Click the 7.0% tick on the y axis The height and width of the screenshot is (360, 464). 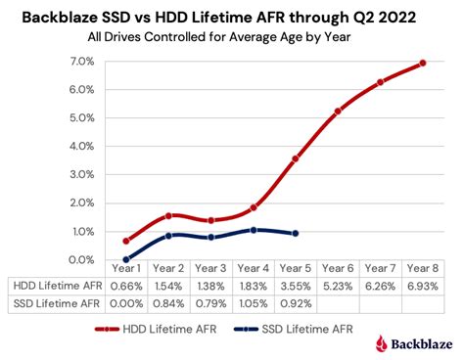pos(81,62)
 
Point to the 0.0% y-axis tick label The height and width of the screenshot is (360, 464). pos(81,260)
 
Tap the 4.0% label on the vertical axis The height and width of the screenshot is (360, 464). pos(81,147)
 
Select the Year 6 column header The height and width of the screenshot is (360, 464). pos(338,268)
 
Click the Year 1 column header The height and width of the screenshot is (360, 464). pos(126,268)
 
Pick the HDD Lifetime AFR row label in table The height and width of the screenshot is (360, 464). pos(56,285)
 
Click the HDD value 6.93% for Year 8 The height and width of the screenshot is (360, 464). pos(422,285)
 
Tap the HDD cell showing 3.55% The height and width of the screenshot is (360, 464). pos(296,285)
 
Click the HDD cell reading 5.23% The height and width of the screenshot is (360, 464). pos(338,285)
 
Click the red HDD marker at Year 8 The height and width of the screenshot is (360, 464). pos(422,64)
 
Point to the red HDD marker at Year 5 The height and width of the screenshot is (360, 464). pos(296,158)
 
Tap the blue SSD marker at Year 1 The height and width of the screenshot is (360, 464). pos(126,259)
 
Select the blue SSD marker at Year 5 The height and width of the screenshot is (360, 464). pos(296,233)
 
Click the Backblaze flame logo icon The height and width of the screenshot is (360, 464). pos(381,342)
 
